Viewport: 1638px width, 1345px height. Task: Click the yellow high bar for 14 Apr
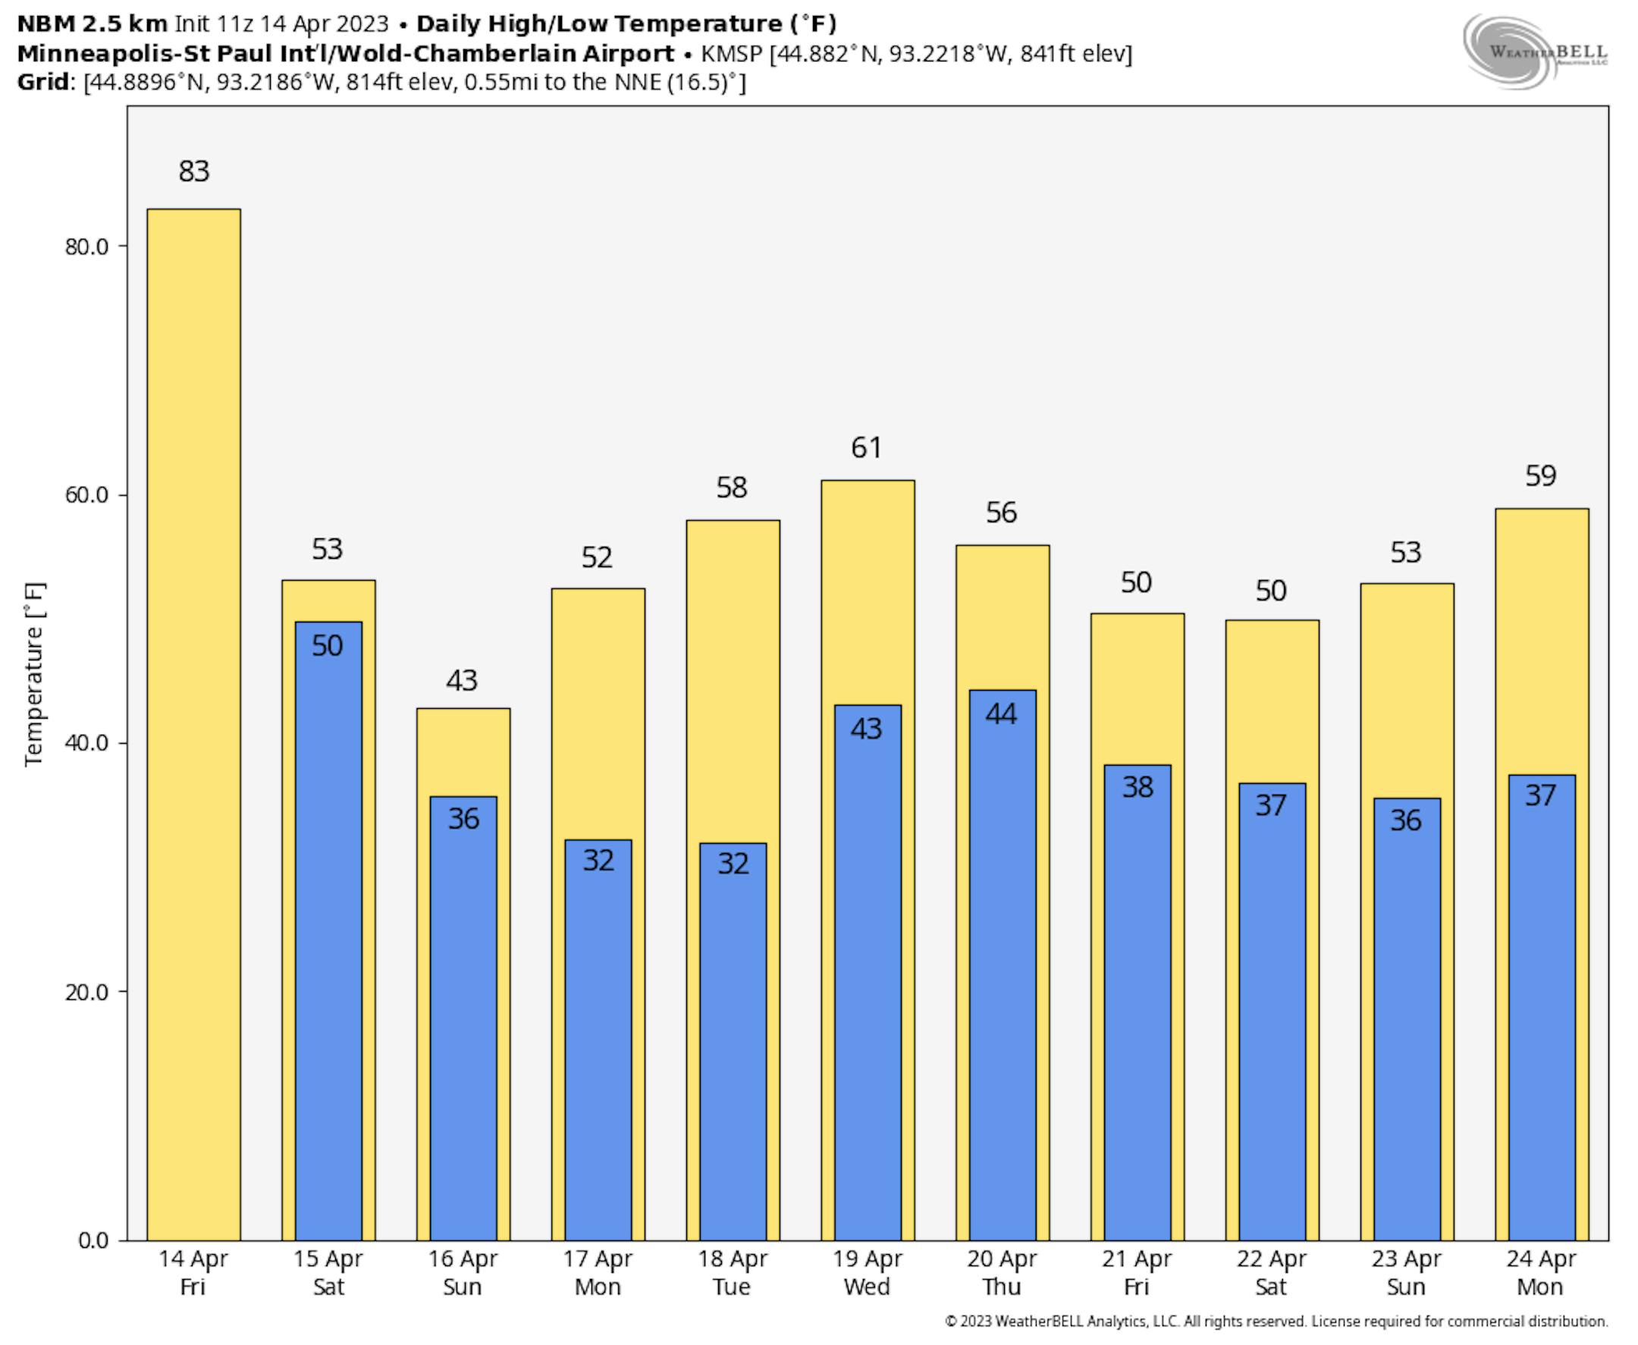193,698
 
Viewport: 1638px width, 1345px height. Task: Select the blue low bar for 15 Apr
328,930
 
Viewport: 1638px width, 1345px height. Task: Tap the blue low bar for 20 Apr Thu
1002,968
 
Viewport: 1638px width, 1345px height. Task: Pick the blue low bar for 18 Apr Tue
733,1046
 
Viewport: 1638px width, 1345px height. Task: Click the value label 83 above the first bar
193,171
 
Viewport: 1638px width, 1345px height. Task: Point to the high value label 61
866,448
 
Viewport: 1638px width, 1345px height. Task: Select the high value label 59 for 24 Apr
1540,475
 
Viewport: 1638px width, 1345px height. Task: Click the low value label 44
1001,713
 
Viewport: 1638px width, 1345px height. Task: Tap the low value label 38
1137,787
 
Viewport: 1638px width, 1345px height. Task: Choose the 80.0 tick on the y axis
86,246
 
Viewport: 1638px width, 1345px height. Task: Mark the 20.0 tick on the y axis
86,992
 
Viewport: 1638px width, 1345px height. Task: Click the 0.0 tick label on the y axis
93,1240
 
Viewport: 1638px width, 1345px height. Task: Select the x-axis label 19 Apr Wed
867,1273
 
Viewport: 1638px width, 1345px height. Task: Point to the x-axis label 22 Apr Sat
1271,1273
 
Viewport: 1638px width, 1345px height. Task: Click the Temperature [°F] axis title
35,674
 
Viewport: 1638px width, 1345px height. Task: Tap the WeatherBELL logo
1534,51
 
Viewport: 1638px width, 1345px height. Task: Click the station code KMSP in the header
732,54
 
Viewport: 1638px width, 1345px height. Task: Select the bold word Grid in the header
43,82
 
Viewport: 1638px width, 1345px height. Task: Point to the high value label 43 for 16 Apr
462,681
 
